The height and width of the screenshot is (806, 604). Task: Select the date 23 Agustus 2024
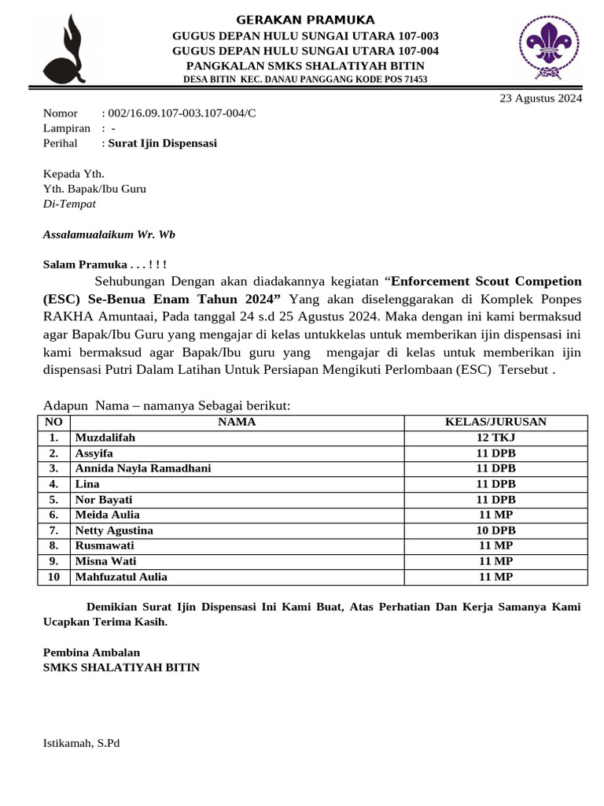pyautogui.click(x=541, y=98)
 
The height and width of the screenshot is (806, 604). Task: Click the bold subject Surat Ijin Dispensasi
pyautogui.click(x=162, y=143)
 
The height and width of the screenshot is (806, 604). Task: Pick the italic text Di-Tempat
pyautogui.click(x=69, y=204)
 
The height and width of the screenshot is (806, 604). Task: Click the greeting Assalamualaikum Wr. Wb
pyautogui.click(x=109, y=235)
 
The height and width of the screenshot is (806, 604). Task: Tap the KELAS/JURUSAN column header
pyautogui.click(x=495, y=423)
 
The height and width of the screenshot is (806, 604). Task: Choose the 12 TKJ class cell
pyautogui.click(x=495, y=438)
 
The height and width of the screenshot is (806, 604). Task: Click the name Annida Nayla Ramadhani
pyautogui.click(x=142, y=468)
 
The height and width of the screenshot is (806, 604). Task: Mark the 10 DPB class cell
pyautogui.click(x=495, y=531)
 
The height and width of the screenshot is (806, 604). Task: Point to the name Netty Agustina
pyautogui.click(x=114, y=531)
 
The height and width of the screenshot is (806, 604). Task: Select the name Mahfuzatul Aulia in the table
pyautogui.click(x=121, y=577)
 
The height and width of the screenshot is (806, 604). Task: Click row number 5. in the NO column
pyautogui.click(x=53, y=500)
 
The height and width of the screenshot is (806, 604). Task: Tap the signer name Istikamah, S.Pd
pyautogui.click(x=81, y=743)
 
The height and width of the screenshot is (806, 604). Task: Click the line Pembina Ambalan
pyautogui.click(x=91, y=652)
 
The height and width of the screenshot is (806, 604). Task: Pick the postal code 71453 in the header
pyautogui.click(x=413, y=79)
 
